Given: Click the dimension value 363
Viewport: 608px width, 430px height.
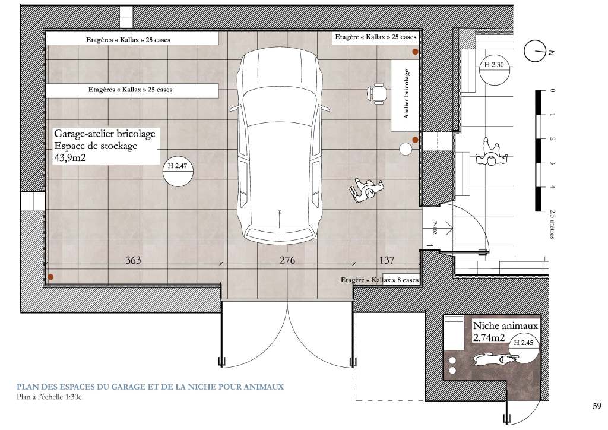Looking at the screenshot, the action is [x=133, y=260].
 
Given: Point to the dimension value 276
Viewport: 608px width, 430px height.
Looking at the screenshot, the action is [x=287, y=260].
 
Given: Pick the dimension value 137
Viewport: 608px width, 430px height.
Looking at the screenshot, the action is [x=387, y=260].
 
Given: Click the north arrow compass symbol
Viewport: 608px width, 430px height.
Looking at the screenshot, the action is [x=535, y=51].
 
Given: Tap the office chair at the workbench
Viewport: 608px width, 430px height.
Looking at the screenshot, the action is [x=377, y=93].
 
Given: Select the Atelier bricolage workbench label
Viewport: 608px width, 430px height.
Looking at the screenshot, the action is [x=406, y=94].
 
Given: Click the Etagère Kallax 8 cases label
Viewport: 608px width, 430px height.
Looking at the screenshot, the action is [x=379, y=280].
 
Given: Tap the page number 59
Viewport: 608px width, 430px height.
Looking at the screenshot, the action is [x=597, y=406].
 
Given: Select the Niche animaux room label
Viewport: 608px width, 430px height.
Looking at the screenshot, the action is [x=505, y=325].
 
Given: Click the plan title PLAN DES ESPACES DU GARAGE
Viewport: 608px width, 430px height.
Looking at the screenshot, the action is [x=150, y=387].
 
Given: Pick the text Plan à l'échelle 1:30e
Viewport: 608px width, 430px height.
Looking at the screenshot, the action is [x=50, y=397].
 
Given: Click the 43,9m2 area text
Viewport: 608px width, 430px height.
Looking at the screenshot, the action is [x=70, y=158].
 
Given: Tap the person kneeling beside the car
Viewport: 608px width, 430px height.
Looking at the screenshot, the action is [x=366, y=189].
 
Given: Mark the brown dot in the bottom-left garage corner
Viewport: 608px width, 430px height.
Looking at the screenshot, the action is [x=50, y=277].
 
